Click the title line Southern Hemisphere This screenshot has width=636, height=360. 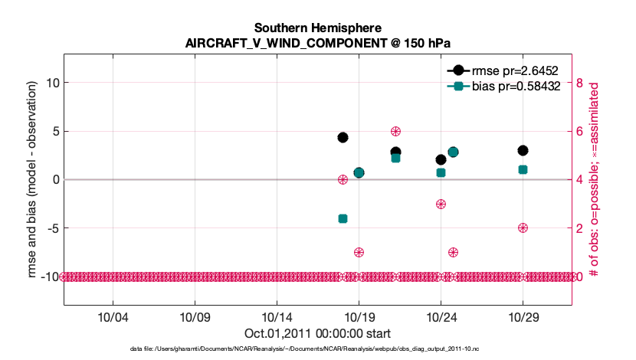(x=317, y=28)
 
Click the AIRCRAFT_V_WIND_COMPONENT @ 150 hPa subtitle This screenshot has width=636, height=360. (x=317, y=43)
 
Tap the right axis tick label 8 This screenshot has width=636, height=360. (x=580, y=83)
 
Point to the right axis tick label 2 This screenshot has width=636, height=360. (x=580, y=228)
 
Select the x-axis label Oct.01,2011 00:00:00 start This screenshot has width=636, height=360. (x=317, y=333)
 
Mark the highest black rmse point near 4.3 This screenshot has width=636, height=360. (x=343, y=137)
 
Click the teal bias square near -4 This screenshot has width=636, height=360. (x=343, y=218)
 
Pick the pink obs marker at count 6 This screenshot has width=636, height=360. (x=395, y=132)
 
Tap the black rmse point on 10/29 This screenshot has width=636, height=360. (x=523, y=150)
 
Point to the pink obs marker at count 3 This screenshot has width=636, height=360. (x=441, y=204)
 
